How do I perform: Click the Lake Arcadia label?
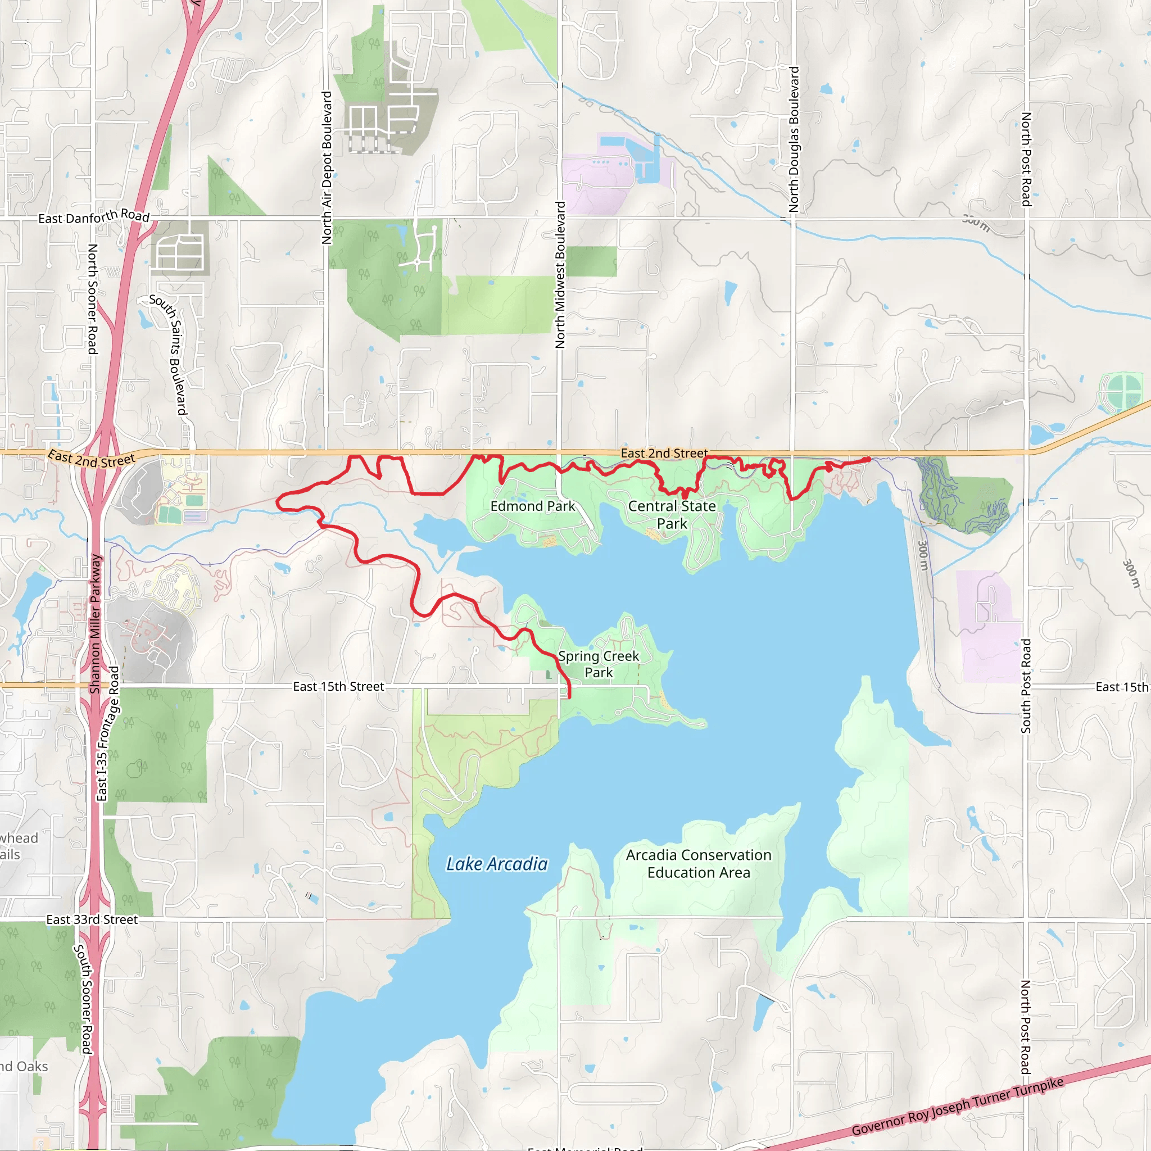[x=497, y=864]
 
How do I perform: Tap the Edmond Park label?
[x=533, y=506]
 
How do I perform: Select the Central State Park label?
[x=672, y=515]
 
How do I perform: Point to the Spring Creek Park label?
[x=598, y=664]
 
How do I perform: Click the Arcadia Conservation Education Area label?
[x=698, y=863]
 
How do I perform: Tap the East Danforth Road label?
[x=93, y=217]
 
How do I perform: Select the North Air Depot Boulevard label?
[x=327, y=167]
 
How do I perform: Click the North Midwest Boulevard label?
[x=560, y=275]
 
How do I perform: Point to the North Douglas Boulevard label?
[x=794, y=139]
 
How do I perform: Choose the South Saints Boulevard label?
[x=169, y=355]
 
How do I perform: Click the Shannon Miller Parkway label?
[x=96, y=624]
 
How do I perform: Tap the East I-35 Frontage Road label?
[x=108, y=733]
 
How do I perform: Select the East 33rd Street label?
[x=92, y=919]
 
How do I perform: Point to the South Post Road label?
[x=1026, y=686]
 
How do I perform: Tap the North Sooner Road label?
[x=93, y=298]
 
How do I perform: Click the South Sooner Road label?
[x=83, y=999]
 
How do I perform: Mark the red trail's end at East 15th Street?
[x=569, y=696]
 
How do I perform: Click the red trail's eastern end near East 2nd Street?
[x=869, y=459]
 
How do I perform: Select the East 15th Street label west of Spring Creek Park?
[x=338, y=686]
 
